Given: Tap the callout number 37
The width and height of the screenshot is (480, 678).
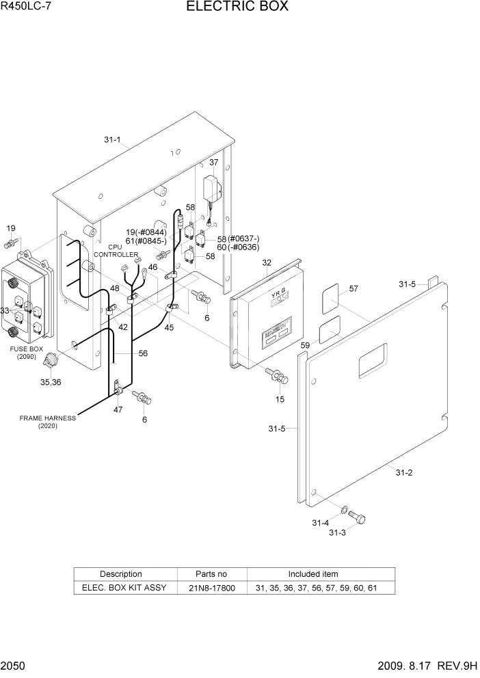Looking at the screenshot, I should point(214,163).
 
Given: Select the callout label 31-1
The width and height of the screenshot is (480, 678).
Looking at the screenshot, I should point(112,140).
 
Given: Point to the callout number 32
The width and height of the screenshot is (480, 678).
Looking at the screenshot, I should point(267,262).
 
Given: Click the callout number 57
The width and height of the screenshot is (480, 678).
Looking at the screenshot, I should point(353,289).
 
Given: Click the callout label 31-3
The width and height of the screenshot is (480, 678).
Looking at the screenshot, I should point(338,532).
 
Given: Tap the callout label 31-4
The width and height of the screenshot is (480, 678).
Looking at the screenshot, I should point(321,523).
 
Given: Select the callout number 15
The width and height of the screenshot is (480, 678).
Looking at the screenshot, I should point(280,398).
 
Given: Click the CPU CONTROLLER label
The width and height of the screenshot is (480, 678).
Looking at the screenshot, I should point(115,250).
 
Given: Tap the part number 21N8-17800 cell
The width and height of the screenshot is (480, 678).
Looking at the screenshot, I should point(212,587).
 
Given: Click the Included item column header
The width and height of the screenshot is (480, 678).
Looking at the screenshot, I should point(313,574).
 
